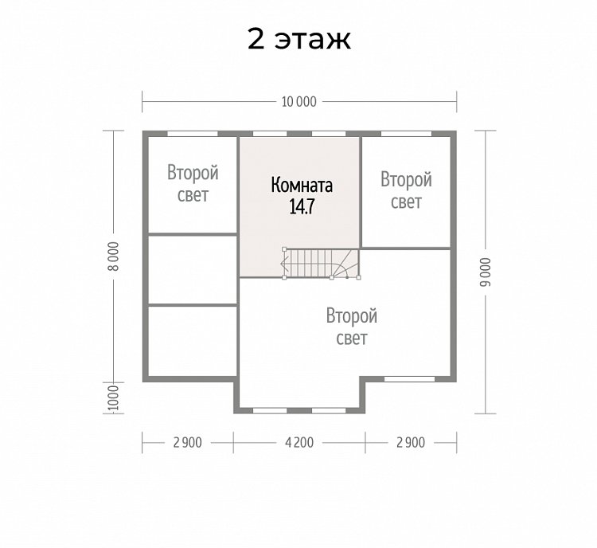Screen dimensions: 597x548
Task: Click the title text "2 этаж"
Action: pos(298,39)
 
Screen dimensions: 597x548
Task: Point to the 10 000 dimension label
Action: pos(298,102)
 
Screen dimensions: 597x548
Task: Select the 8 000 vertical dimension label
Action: pos(114,256)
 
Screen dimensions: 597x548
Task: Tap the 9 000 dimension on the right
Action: pos(486,272)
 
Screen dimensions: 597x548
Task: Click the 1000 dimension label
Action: pos(114,397)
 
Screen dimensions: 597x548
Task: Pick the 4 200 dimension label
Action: pos(299,443)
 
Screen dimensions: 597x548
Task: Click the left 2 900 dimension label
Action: pos(187,443)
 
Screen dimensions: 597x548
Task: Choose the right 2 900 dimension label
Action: pos(411,443)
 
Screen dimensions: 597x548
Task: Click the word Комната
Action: pos(302,186)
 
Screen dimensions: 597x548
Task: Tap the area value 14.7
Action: pos(302,206)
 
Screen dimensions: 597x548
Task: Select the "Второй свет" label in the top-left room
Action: pos(193,184)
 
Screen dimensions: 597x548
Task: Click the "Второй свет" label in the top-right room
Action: pos(406,190)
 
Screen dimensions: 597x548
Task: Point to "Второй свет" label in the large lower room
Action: pos(351,327)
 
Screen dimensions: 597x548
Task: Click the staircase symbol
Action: pos(322,264)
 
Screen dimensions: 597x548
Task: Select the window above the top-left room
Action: pos(193,134)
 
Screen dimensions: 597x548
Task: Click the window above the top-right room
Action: pos(406,134)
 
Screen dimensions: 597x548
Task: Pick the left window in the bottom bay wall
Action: pos(270,411)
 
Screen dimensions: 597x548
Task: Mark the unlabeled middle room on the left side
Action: pos(193,270)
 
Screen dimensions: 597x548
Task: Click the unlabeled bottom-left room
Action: pos(193,341)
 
